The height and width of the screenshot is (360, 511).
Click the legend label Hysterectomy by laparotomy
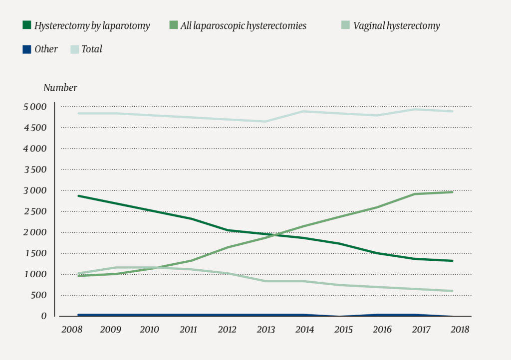tap(92, 26)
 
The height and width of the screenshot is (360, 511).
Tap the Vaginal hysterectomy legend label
tap(396, 26)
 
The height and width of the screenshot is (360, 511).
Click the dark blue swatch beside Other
tap(27, 49)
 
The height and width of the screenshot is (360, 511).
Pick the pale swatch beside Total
tap(74, 49)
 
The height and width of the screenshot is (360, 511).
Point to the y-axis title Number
tap(60, 88)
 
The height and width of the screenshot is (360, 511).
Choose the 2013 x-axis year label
tap(265, 330)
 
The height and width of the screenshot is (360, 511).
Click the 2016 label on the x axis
tap(382, 330)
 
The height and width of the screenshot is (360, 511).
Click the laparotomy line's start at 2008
tap(78, 196)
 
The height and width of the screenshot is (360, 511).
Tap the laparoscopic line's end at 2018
tap(453, 192)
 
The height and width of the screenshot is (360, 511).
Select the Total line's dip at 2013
tap(265, 122)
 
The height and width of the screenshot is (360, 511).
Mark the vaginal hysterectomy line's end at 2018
tap(453, 291)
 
